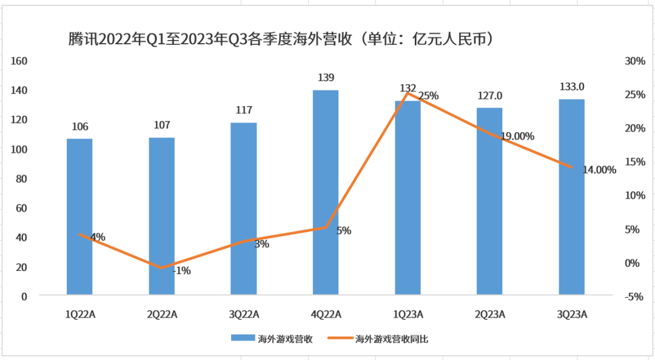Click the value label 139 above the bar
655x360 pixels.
coord(326,78)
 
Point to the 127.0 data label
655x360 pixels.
coord(489,96)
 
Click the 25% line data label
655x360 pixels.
coord(428,96)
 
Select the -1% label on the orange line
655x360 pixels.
coord(181,271)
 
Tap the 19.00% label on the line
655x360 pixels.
coord(517,136)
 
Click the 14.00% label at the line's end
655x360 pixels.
coord(599,170)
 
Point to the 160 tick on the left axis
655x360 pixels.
coord(19,61)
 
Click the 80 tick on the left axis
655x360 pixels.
coord(22,179)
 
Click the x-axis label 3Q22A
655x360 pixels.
coord(243,314)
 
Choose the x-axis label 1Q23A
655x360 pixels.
coord(408,314)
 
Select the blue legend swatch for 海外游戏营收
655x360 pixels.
coord(242,339)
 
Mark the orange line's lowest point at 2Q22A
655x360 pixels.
coord(162,268)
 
